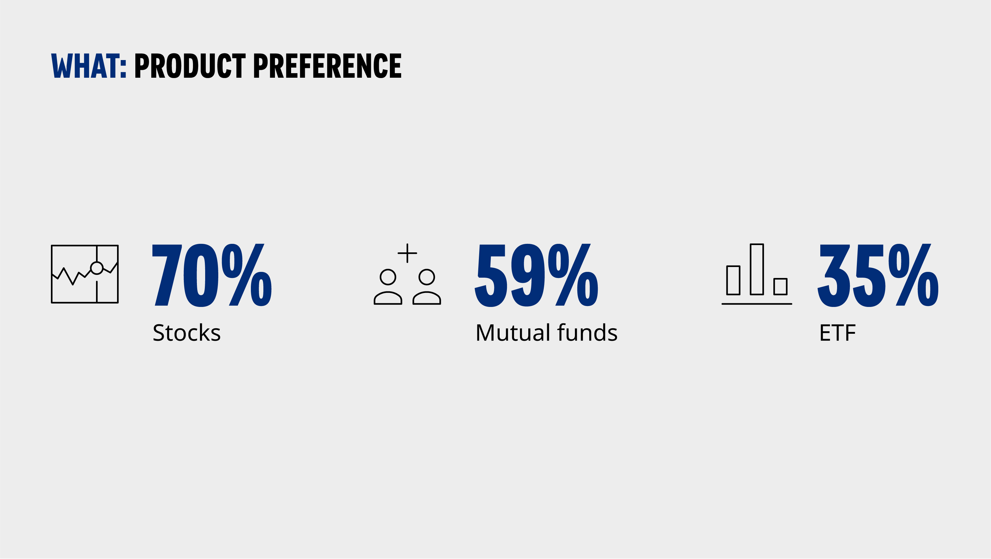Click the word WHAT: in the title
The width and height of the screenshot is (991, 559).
[x=89, y=66]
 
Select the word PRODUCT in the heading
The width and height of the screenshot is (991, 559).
[x=190, y=66]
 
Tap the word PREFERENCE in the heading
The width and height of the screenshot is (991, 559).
[x=327, y=66]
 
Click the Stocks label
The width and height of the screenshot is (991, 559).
[x=187, y=333]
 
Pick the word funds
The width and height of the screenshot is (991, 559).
[x=587, y=333]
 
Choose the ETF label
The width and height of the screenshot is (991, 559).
[x=837, y=333]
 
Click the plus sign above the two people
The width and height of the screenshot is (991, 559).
[x=407, y=253]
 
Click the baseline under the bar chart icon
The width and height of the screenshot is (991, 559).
[x=757, y=304]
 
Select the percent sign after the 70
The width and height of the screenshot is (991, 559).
[x=247, y=275]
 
